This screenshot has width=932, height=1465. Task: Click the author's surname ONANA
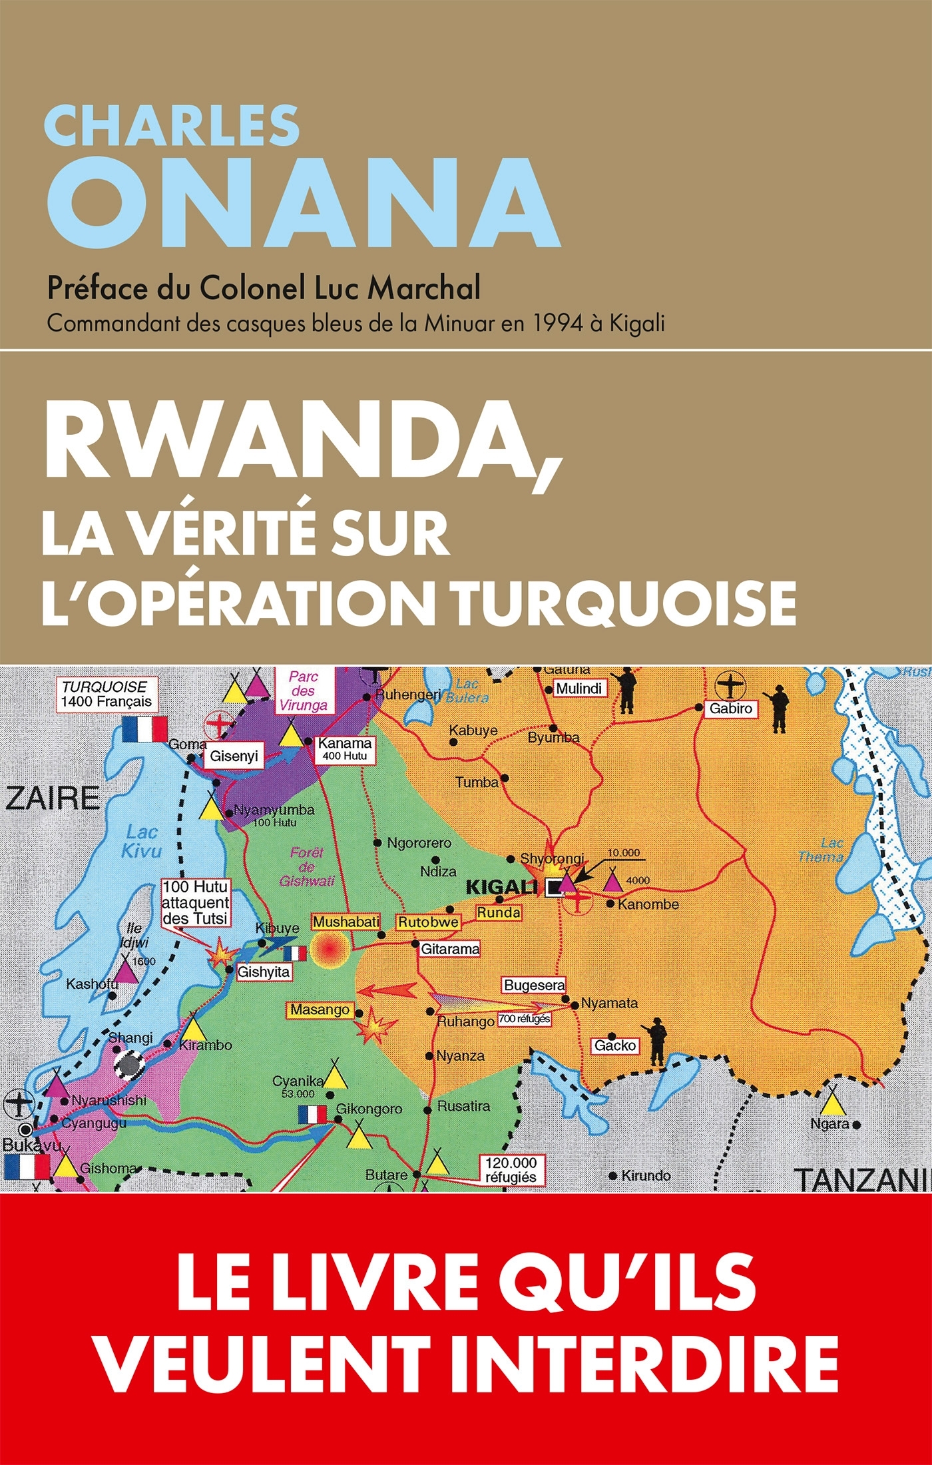point(303,203)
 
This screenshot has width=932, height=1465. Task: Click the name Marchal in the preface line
point(424,288)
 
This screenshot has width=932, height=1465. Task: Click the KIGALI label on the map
point(501,887)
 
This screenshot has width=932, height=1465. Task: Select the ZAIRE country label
point(53,798)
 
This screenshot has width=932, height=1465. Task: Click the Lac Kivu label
point(141,841)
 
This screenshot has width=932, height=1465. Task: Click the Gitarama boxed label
point(449,948)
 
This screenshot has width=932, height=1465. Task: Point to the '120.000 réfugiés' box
point(511,1170)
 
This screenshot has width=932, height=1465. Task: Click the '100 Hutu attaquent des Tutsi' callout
point(196,902)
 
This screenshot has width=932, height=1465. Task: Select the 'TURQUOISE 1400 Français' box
point(105,694)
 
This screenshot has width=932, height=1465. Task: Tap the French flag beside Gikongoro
point(312,1114)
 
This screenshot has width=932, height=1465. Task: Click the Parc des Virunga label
point(303,691)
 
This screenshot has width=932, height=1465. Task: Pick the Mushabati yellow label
point(346,922)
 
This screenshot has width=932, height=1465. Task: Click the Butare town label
point(385,1175)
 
